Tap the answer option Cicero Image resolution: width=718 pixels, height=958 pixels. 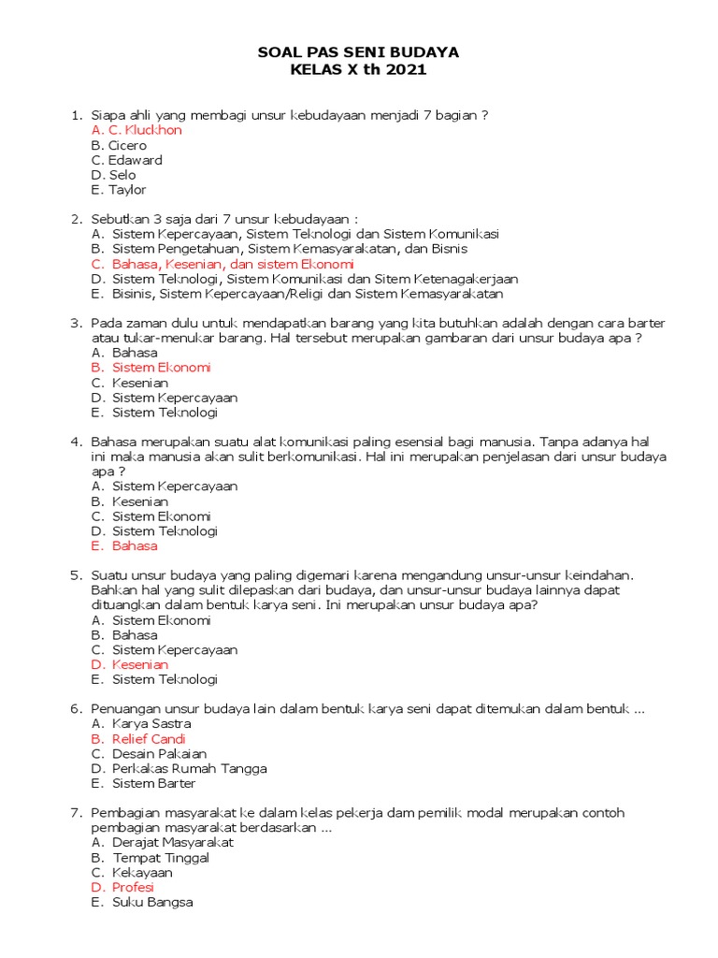pos(127,145)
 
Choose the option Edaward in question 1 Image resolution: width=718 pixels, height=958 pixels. pos(135,160)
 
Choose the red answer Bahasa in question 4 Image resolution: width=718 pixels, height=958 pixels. pos(135,545)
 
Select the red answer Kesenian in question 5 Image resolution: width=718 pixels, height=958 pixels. pos(140,664)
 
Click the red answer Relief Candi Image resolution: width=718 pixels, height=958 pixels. pos(149,739)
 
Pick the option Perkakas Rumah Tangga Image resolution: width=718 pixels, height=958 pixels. pos(189,769)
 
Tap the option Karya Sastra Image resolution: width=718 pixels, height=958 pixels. pos(151,724)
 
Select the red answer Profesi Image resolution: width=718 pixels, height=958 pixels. pos(133,887)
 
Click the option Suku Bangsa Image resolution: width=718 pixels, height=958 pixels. pos(152,902)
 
